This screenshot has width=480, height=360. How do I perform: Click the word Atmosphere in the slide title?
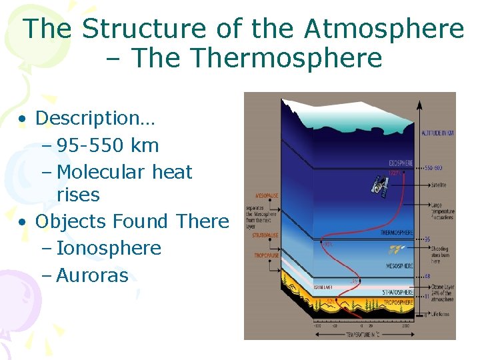pos(383,29)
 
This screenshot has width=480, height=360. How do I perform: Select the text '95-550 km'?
pos(107,145)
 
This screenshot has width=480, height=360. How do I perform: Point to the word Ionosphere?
pos(109,248)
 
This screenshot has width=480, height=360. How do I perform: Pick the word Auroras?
pos(92,275)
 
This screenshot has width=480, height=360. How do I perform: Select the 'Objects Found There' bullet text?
pos(132,221)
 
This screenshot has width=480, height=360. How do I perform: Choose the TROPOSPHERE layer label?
pos(399,302)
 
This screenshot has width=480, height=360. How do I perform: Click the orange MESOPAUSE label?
pos(257,197)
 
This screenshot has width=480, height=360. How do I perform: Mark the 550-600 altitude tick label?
pos(433,167)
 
